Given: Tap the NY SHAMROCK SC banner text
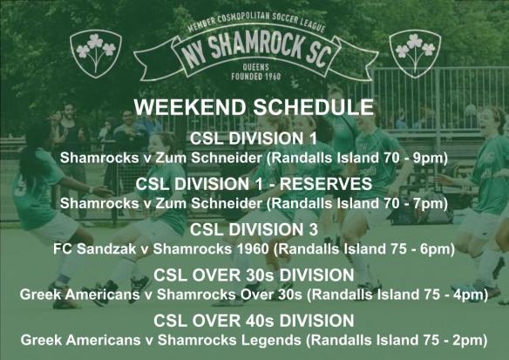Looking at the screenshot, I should [x=254, y=51].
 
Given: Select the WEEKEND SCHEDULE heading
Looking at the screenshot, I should [x=254, y=109].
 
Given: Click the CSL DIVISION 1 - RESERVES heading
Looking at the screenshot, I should [x=254, y=185].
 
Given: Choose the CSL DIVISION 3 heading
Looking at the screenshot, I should [x=254, y=231].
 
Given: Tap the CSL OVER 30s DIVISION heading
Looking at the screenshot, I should [x=254, y=276].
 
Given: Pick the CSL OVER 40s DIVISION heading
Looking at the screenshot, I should [x=254, y=320].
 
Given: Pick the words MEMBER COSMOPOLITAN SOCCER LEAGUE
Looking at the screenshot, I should [x=254, y=24].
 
